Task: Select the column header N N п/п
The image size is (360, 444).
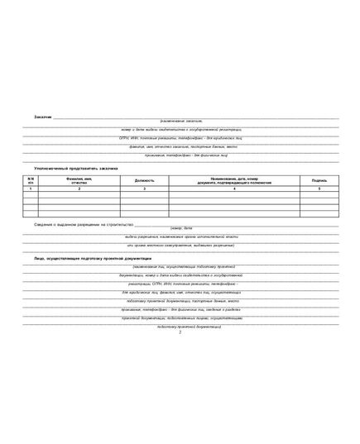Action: (x=31, y=179)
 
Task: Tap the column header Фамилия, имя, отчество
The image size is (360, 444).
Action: (x=79, y=179)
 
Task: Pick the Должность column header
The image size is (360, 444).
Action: (x=144, y=179)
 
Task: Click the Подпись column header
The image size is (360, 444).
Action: (x=319, y=179)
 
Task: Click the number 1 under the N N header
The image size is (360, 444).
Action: (x=31, y=189)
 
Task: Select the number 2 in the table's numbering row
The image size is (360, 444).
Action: (x=79, y=189)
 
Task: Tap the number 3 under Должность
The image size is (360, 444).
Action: (x=144, y=189)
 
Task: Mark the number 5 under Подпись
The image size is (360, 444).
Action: (x=319, y=189)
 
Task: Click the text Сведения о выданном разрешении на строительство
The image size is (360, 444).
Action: (x=78, y=225)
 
